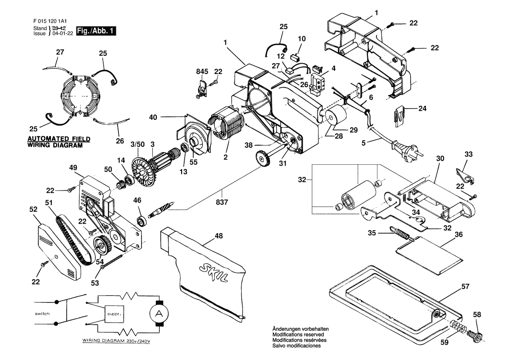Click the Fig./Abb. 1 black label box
point(96,31)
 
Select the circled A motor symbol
point(159,313)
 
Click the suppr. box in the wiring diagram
point(114,314)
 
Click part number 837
point(222,202)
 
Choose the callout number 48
point(219,236)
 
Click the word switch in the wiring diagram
point(42,313)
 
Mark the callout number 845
point(202,71)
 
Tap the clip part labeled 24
point(400,115)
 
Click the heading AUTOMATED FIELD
point(59,139)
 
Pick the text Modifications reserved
point(298,334)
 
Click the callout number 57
point(465,286)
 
